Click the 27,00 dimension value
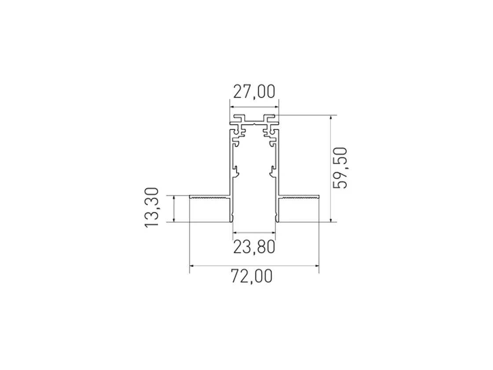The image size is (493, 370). click(254, 92)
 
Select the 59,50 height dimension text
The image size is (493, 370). click(340, 168)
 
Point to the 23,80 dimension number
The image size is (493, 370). click(254, 247)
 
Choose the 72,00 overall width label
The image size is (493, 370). click(251, 276)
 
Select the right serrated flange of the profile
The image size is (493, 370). click(299, 196)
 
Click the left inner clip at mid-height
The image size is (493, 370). click(235, 171)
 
